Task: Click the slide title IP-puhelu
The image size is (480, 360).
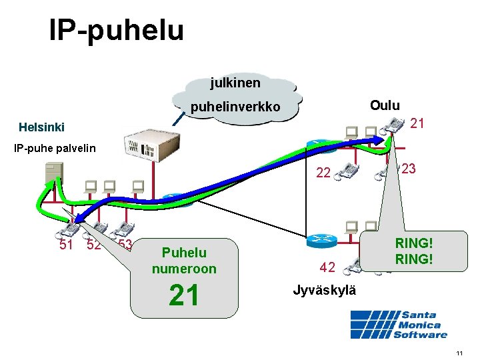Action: (x=116, y=30)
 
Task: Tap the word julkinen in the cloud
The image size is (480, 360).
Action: (x=235, y=83)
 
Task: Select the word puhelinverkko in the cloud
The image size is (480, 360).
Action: (x=235, y=107)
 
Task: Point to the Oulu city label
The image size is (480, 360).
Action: (x=385, y=105)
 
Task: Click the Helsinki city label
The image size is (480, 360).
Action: (x=42, y=127)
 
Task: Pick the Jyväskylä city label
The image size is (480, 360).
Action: (x=325, y=291)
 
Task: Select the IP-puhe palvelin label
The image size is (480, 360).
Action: (x=55, y=147)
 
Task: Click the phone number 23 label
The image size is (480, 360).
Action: (x=409, y=169)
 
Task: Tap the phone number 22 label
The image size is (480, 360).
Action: (x=323, y=173)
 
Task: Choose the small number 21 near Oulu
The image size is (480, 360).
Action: (x=417, y=123)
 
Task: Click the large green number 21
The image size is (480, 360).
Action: (x=184, y=295)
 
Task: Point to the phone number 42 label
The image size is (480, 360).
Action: (x=327, y=268)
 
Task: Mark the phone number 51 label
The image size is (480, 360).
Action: (x=67, y=244)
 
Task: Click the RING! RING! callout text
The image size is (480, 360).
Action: (x=414, y=251)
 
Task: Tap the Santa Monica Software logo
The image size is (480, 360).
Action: (x=399, y=325)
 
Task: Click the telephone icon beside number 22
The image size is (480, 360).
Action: (x=347, y=171)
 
